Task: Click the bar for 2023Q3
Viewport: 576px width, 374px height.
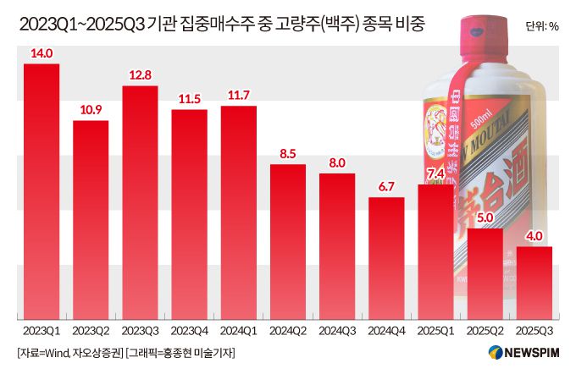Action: [x=140, y=201]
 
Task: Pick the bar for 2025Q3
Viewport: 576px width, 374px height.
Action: [x=534, y=281]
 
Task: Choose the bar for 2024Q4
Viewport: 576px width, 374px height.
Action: [x=386, y=256]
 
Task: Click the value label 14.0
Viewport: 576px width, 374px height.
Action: [x=42, y=53]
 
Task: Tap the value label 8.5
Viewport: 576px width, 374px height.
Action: [x=287, y=153]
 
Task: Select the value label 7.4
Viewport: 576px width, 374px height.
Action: [x=435, y=174]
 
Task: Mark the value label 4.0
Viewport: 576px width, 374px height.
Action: [x=534, y=236]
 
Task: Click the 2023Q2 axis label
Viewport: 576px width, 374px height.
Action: [x=91, y=327]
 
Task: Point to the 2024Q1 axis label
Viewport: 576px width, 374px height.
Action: [x=238, y=327]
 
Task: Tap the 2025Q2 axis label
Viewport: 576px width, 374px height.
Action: [x=485, y=327]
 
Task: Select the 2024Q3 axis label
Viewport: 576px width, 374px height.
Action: [x=337, y=327]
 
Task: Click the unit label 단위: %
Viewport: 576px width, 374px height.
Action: [x=541, y=25]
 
